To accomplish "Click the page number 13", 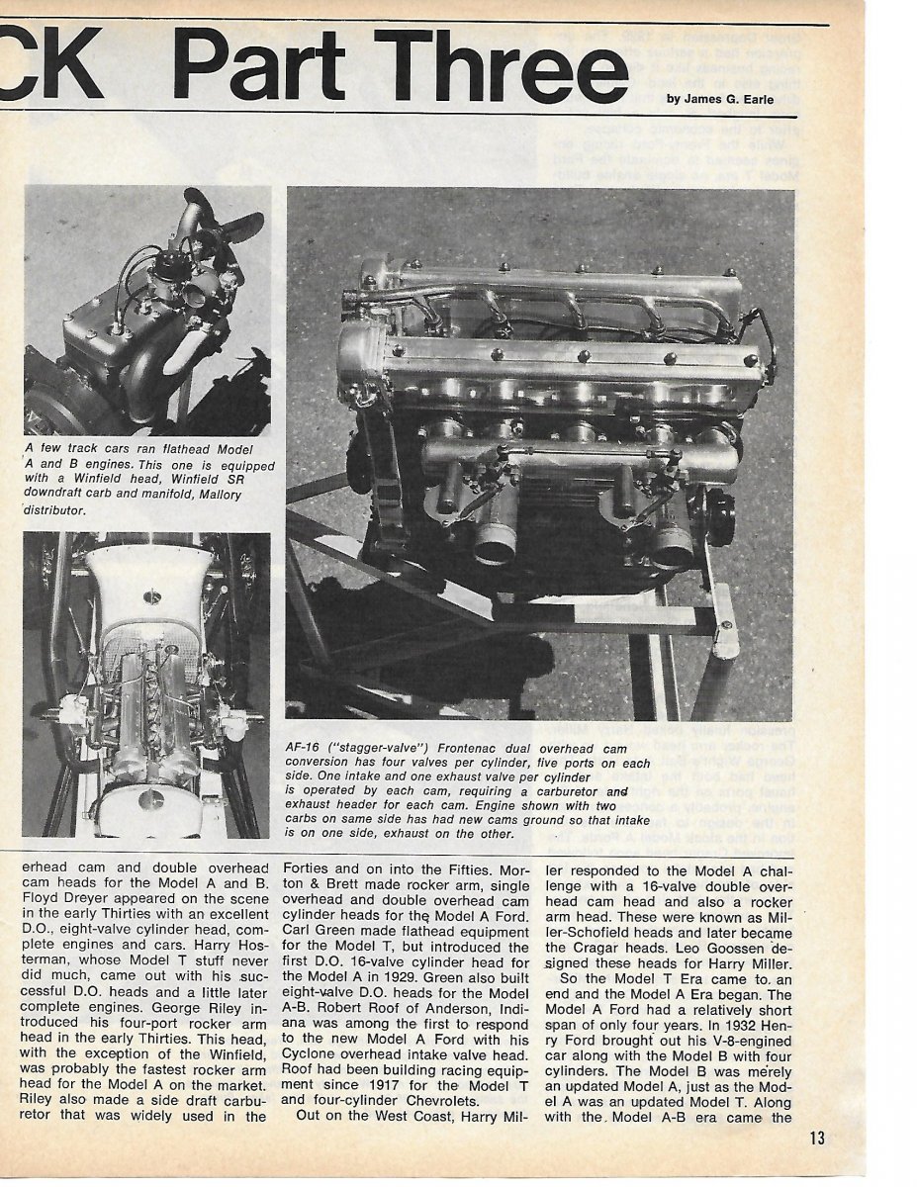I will [816, 1138].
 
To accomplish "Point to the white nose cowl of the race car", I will [148, 579].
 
